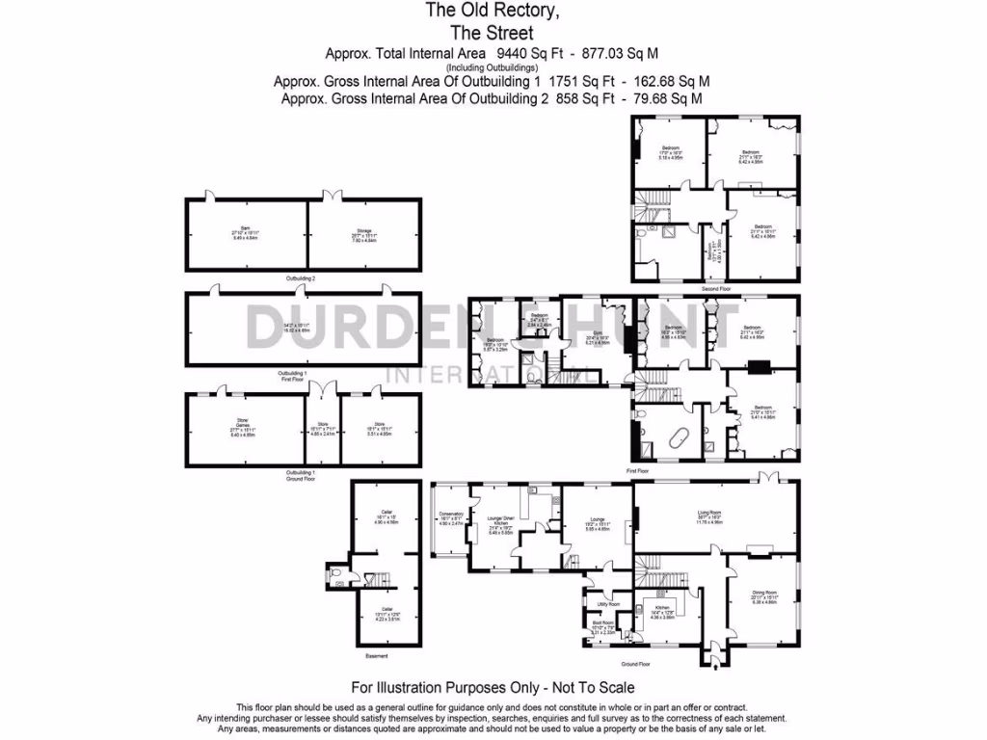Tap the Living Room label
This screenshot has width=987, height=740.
714,515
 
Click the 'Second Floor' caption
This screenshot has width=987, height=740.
715,288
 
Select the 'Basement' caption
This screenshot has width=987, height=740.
377,656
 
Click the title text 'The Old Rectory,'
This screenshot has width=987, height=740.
493,12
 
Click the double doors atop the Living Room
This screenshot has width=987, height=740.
767,479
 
